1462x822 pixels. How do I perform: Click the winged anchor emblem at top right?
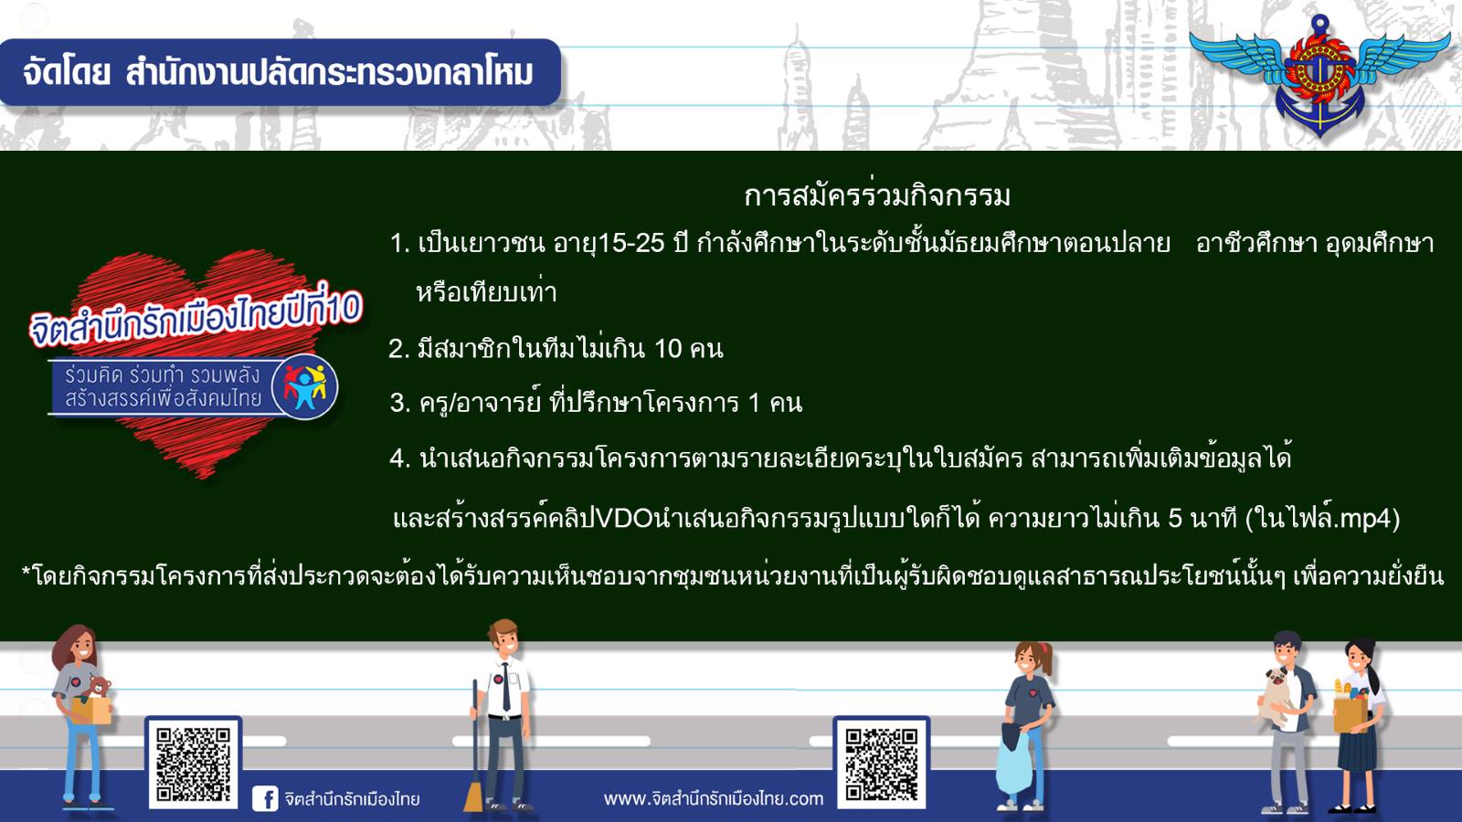(1319, 75)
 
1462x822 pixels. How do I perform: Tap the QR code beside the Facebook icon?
(193, 764)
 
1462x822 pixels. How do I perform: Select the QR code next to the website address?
(881, 764)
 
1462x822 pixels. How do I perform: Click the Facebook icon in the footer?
(265, 798)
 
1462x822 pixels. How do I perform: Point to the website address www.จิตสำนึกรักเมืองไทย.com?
(714, 798)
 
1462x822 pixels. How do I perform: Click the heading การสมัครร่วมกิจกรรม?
(877, 195)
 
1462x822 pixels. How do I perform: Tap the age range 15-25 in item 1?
(631, 243)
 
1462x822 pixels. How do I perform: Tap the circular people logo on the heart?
(305, 387)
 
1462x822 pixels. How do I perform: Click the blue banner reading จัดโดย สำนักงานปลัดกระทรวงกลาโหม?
(280, 72)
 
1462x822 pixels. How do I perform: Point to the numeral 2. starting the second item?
(398, 350)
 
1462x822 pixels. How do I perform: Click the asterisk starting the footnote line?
(26, 573)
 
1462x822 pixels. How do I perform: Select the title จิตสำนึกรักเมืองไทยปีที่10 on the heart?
(196, 318)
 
